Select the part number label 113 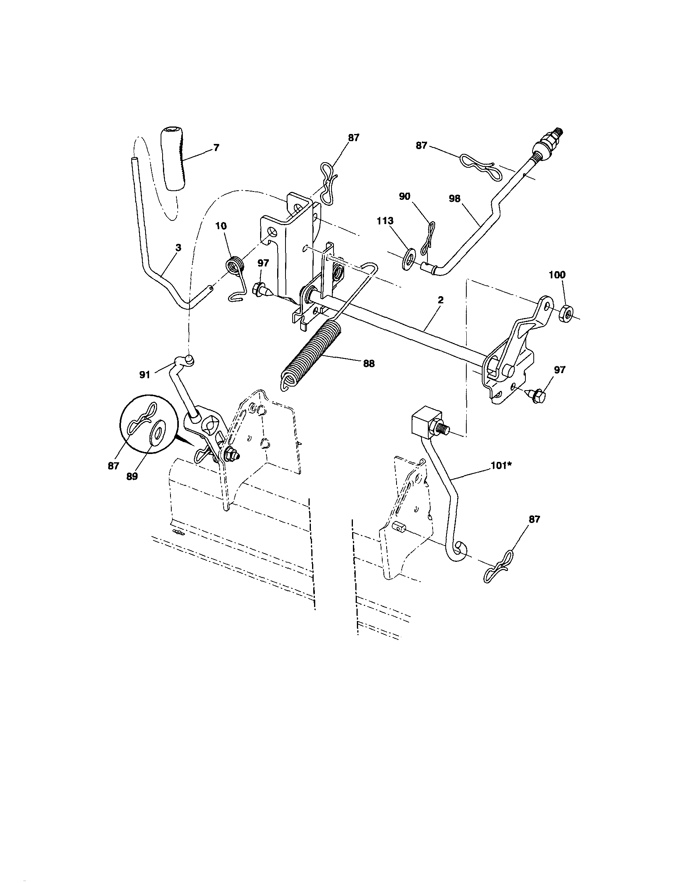tap(385, 221)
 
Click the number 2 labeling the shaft tap(441, 300)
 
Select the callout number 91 tap(145, 375)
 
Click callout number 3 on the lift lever tap(178, 247)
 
